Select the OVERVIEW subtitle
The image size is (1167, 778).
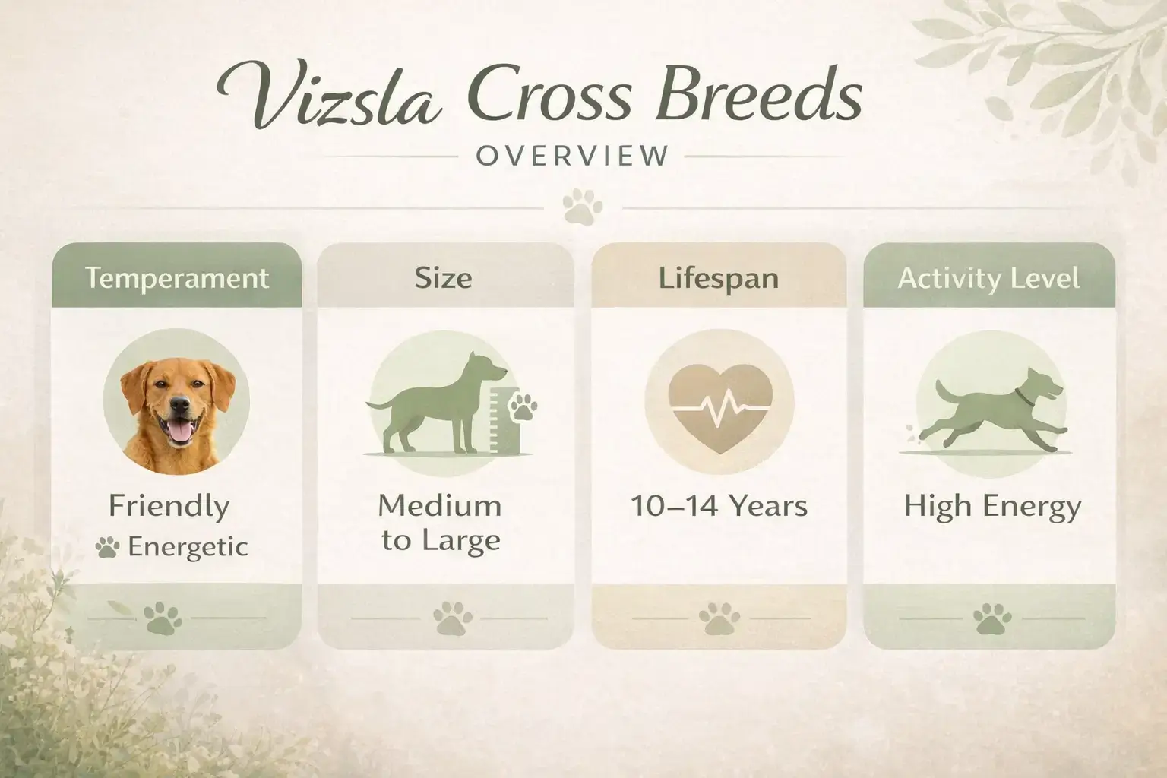[x=572, y=156]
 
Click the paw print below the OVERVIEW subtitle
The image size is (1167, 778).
[x=583, y=208]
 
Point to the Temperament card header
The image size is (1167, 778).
[x=176, y=278]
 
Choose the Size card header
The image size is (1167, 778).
[x=444, y=278]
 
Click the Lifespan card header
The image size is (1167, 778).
[x=719, y=278]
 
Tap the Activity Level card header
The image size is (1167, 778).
[x=988, y=278]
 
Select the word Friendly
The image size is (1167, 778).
[x=169, y=506]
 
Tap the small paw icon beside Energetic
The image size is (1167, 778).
[x=107, y=547]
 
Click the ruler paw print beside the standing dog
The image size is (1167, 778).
[x=522, y=406]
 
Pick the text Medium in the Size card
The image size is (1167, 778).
[x=440, y=505]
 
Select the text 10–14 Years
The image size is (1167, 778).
[x=719, y=506]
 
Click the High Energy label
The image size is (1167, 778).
[x=991, y=506]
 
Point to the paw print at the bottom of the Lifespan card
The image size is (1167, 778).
[x=719, y=618]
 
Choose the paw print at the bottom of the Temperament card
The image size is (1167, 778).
[x=163, y=618]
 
